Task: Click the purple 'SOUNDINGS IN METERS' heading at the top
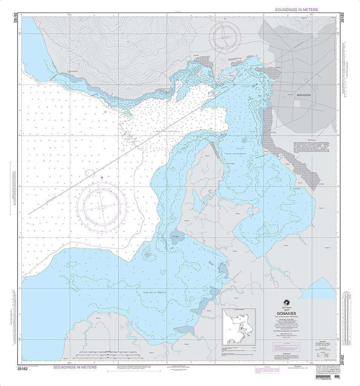[296, 10]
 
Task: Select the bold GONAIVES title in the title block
[289, 313]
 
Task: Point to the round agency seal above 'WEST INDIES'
[289, 302]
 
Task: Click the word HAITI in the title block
[289, 309]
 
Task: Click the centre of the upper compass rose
[226, 37]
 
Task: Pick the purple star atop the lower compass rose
[102, 177]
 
